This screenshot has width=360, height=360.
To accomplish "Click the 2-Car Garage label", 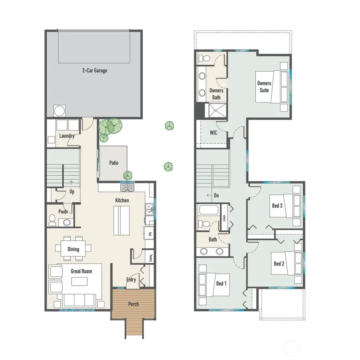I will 94,71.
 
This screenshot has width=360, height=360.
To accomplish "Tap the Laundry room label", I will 67,136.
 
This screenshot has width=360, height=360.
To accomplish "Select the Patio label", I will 114,163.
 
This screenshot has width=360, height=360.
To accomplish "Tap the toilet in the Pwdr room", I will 52,219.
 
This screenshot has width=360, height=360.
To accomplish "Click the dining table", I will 73,249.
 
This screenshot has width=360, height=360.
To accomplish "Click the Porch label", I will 133,304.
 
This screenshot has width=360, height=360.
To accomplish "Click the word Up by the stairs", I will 72,192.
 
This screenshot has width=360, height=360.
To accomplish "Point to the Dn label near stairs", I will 216,196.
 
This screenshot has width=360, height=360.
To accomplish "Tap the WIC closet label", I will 213,133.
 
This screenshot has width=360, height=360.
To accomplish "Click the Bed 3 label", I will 278,206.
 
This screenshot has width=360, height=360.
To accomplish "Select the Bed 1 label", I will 221,284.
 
